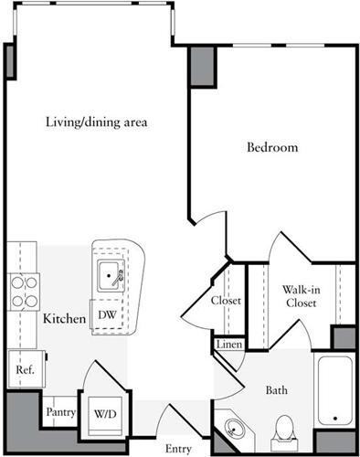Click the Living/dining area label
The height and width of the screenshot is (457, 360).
(97, 122)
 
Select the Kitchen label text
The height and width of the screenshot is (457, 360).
(64, 320)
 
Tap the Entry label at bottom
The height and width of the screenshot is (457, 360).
(178, 448)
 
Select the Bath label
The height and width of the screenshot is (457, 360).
(277, 391)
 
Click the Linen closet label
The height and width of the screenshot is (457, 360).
(228, 345)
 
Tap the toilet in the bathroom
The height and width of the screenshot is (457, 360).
(284, 428)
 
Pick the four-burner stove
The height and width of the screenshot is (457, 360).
(23, 291)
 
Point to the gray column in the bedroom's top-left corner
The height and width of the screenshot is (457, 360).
(202, 66)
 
